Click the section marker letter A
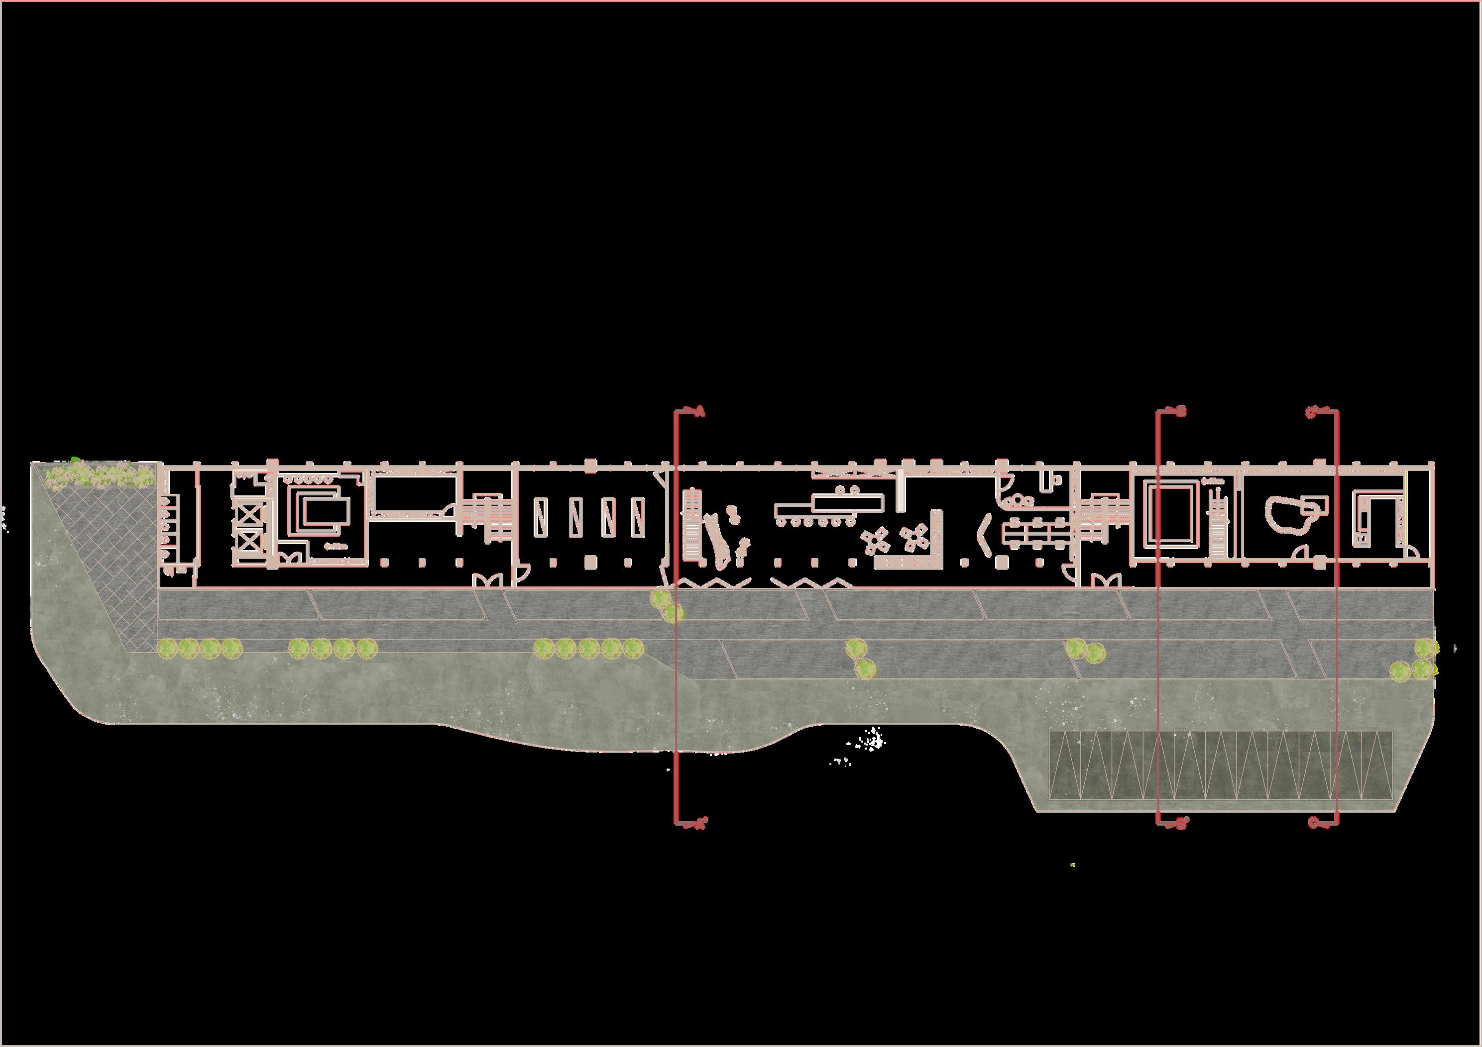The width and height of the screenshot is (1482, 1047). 700,411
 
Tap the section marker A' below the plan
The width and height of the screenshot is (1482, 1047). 700,823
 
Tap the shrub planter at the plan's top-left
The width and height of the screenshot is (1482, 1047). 101,476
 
